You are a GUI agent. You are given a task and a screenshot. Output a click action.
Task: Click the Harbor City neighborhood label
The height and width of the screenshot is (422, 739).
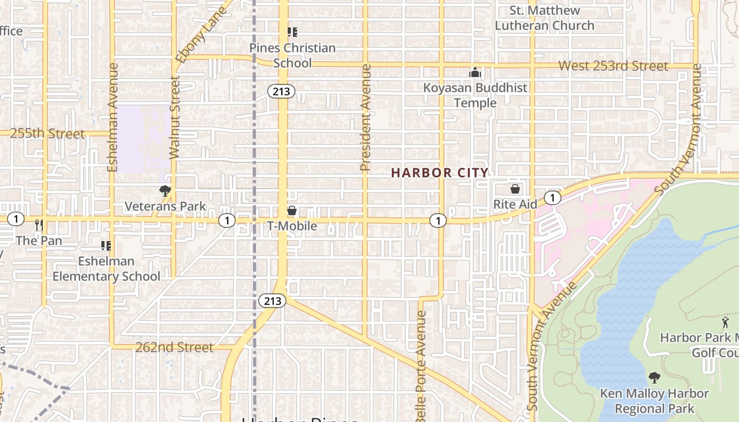pos(440,172)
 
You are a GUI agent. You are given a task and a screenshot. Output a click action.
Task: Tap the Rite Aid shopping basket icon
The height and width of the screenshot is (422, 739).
pos(515,188)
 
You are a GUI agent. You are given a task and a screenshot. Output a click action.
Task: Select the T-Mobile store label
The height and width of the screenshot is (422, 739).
pos(292,226)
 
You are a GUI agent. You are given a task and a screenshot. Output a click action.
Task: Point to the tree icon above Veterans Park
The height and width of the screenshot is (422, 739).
pos(165,190)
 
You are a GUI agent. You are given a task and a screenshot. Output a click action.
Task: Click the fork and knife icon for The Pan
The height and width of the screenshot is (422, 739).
pos(39,225)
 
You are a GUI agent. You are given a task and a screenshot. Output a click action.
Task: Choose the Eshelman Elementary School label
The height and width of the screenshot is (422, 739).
pos(106,268)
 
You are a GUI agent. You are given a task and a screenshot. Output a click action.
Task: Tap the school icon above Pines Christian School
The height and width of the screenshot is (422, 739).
pos(292,32)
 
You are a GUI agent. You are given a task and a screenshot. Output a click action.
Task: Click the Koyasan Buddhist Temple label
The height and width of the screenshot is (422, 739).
pos(475,95)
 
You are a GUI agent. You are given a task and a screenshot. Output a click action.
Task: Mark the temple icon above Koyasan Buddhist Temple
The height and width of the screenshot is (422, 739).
pos(475,72)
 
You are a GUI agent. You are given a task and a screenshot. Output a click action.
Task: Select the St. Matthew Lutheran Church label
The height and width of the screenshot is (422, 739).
pos(544,18)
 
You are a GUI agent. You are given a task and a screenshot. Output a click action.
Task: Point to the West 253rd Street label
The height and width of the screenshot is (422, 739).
pos(613,66)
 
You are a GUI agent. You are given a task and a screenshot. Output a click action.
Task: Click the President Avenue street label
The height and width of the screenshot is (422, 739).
pos(365,118)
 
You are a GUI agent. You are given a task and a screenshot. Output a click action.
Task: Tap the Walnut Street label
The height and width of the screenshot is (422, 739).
pos(175,117)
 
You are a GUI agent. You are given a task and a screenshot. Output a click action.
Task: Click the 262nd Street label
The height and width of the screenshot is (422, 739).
pos(174,347)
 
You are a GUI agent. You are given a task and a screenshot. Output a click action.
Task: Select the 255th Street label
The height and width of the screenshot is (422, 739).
pos(48,133)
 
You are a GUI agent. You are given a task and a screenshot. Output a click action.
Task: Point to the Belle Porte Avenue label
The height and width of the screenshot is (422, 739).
pos(421,366)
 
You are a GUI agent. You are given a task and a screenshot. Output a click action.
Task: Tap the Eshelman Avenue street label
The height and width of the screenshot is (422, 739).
pos(112,117)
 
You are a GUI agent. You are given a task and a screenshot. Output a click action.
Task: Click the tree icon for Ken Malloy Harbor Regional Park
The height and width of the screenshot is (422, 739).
pos(655,378)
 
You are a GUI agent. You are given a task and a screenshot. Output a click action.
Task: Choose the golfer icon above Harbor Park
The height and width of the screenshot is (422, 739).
pos(726,322)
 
